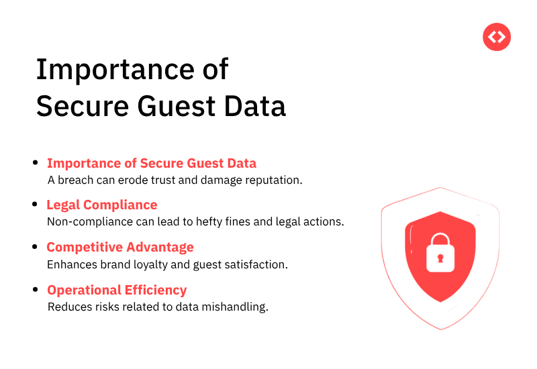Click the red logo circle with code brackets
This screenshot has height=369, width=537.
click(x=497, y=37)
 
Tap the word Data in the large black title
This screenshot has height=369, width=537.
click(x=257, y=106)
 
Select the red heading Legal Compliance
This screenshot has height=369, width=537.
click(x=101, y=205)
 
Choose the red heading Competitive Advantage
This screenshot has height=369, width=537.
click(x=120, y=248)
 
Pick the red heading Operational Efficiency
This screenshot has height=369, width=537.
click(x=117, y=290)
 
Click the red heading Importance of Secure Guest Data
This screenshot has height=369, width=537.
click(x=152, y=163)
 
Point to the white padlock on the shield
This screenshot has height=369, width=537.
click(x=440, y=251)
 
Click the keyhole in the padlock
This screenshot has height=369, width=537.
click(x=440, y=258)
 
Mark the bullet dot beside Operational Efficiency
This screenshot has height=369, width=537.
click(x=36, y=289)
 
